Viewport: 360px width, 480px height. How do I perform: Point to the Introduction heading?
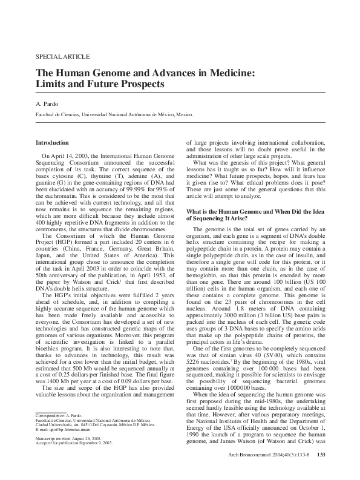[x=53, y=142]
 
